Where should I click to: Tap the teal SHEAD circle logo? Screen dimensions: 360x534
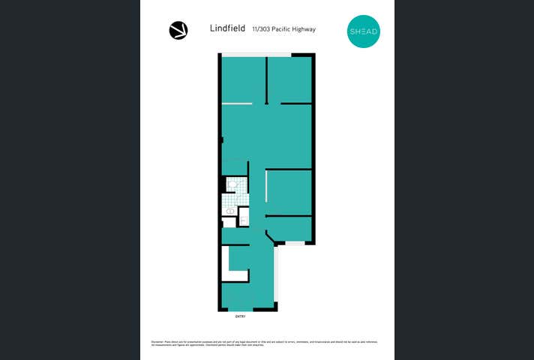pos(364,31)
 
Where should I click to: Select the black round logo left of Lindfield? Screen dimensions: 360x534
pos(178,30)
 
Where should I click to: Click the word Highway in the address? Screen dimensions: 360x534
pos(299,30)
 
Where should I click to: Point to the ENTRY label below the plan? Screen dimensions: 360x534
pos(240,316)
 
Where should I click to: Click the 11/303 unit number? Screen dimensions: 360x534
pos(253,30)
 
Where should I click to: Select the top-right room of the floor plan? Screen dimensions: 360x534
pos(289,79)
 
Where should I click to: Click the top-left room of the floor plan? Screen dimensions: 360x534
pos(243,79)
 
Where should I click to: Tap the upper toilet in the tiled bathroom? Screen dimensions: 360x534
pos(232,184)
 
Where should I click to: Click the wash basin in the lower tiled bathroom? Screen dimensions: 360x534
pos(230,211)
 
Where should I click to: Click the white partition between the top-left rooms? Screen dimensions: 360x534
pos(237,103)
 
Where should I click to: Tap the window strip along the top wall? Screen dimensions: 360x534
pos(255,54)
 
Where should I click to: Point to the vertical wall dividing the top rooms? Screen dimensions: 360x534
pos(266,79)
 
